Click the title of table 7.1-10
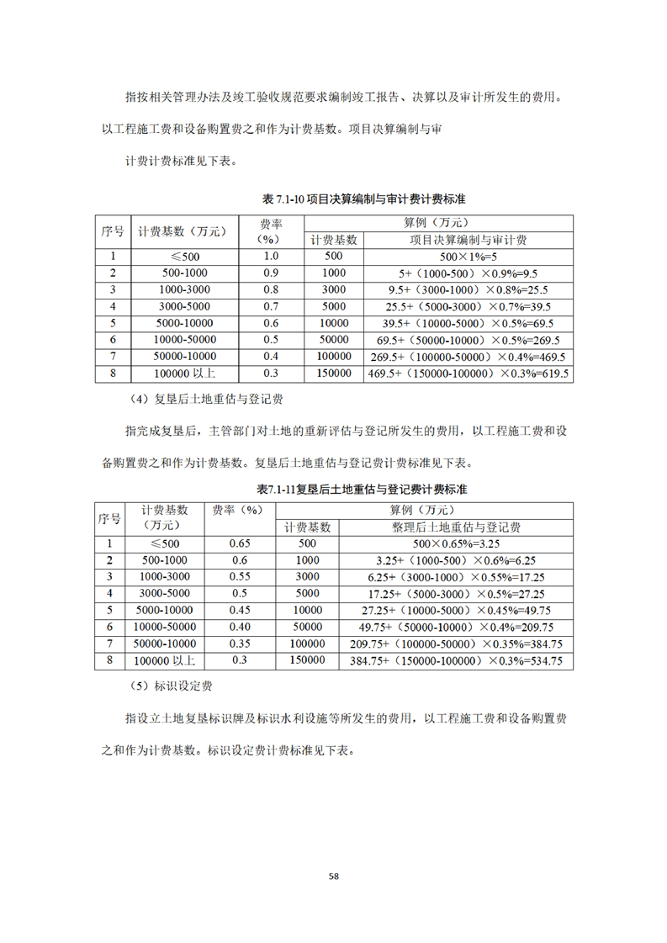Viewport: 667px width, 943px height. tap(364, 199)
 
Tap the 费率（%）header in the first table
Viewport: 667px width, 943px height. tap(271, 231)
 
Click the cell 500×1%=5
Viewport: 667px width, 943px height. tap(468, 257)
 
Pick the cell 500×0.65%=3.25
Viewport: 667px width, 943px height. tap(457, 543)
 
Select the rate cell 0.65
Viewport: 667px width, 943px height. tap(240, 543)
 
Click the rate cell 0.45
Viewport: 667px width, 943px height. tap(240, 610)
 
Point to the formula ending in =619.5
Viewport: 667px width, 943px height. tap(468, 373)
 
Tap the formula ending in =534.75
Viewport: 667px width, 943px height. tap(457, 661)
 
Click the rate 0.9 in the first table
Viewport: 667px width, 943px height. tap(271, 273)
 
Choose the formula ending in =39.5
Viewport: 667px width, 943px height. tap(468, 306)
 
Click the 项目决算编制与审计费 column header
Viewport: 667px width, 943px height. tap(468, 240)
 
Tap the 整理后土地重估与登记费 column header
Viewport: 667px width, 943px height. tap(457, 527)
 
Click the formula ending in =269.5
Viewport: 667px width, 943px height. tap(468, 340)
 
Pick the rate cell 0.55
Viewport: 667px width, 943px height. tap(240, 577)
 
